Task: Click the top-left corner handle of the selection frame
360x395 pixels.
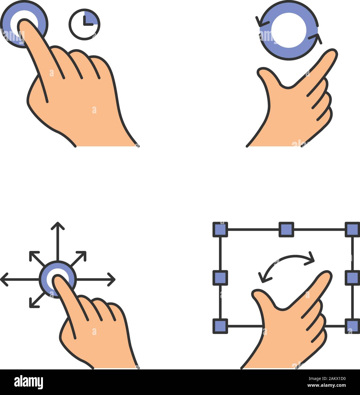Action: point(220,230)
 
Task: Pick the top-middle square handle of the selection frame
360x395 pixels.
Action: point(286,230)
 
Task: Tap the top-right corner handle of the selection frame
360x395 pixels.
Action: point(352,230)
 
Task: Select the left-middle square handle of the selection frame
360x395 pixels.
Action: point(220,278)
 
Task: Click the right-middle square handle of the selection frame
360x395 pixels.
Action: point(352,278)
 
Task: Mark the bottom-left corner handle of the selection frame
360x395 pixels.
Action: point(220,326)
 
